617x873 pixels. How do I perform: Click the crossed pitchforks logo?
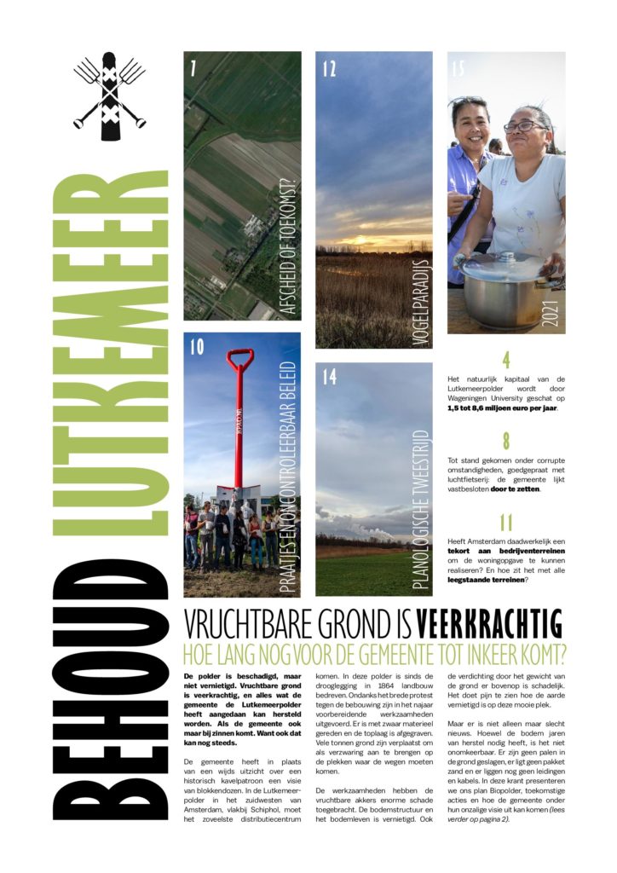coord(109,96)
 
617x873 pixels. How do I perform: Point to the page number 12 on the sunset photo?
coord(330,69)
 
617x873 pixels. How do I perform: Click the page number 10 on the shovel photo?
coord(197,348)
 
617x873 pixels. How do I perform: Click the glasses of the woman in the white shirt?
coord(524,127)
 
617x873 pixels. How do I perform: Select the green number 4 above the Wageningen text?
coord(506,360)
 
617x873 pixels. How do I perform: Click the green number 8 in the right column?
coord(506,441)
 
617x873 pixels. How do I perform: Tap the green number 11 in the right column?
coord(506,523)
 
